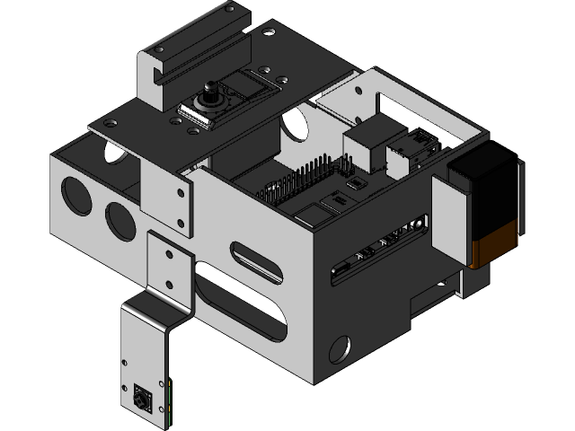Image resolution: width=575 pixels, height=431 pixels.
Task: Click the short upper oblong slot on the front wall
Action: (259, 259)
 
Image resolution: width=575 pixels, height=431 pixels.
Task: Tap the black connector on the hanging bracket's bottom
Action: (141, 395)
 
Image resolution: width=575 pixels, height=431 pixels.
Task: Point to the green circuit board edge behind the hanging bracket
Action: (170, 400)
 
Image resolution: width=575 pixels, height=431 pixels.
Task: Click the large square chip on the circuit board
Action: (314, 215)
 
